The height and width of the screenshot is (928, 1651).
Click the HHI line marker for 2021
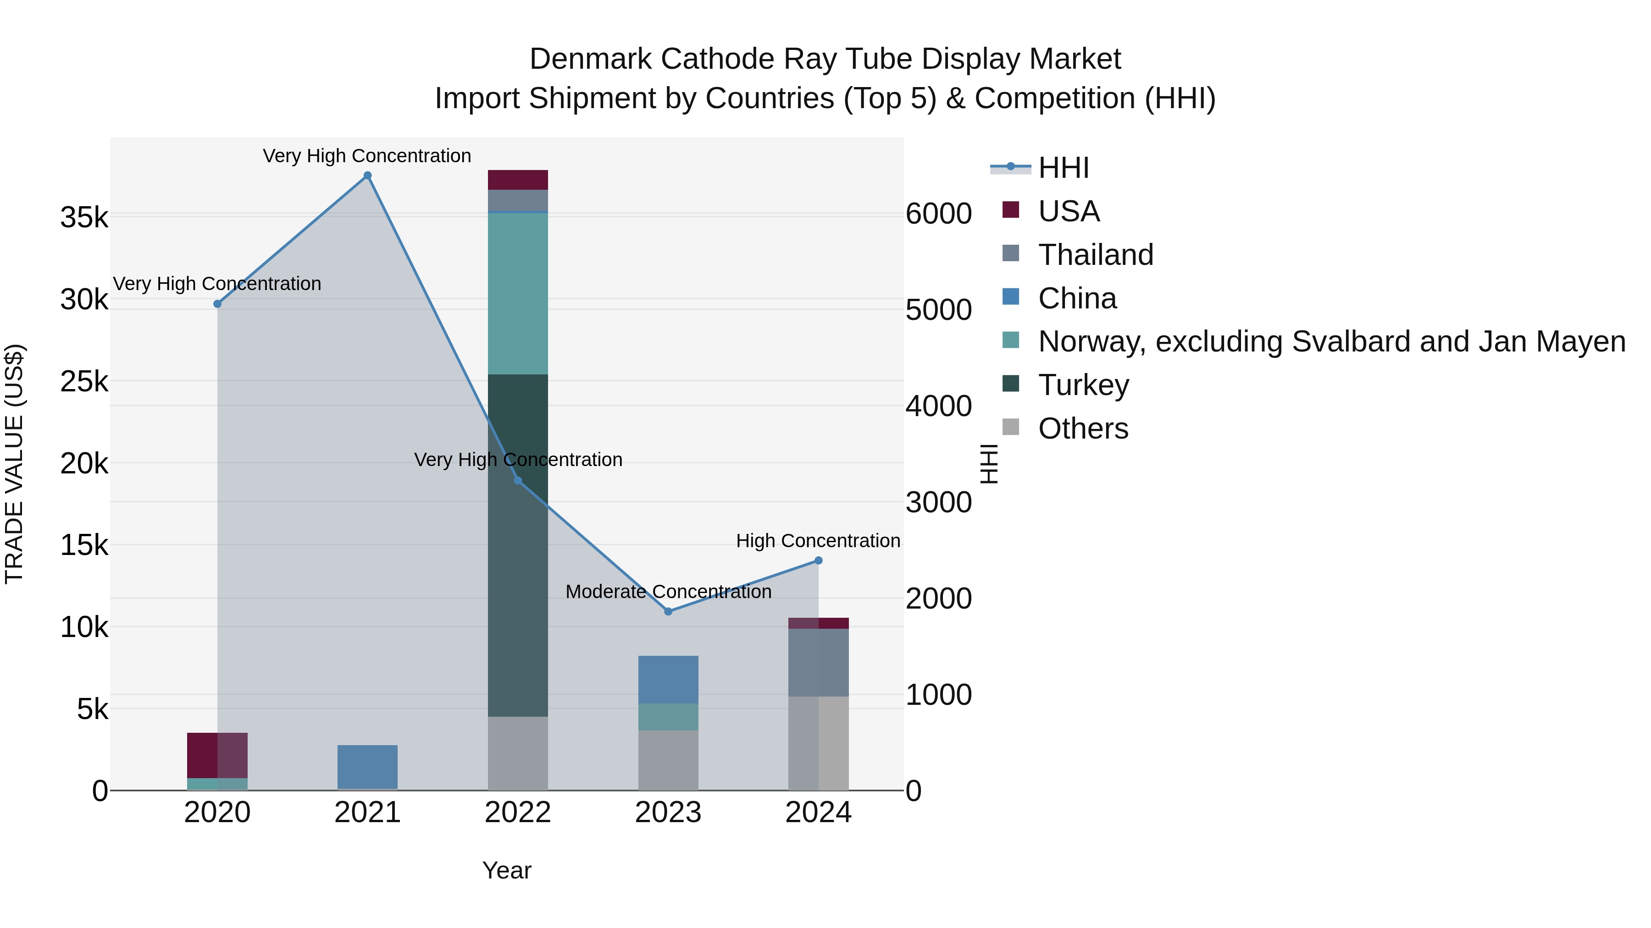click(x=367, y=176)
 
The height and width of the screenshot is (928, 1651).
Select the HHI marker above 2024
click(x=819, y=560)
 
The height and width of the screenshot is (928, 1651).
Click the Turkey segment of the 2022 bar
click(x=518, y=544)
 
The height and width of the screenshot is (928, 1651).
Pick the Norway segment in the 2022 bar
click(x=518, y=293)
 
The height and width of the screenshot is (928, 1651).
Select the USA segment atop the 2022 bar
click(x=518, y=180)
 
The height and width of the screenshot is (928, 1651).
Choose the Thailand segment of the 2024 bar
click(x=819, y=662)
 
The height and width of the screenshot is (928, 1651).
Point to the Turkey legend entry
click(x=1083, y=385)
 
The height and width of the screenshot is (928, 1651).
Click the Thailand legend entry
click(x=1095, y=255)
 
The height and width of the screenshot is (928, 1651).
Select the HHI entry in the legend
click(x=1063, y=168)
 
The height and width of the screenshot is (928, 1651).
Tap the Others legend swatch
click(x=1011, y=427)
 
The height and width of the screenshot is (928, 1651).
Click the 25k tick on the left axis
click(x=84, y=382)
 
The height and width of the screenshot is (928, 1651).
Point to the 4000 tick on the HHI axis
click(x=938, y=406)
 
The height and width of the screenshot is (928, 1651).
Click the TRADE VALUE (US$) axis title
click(x=14, y=464)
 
